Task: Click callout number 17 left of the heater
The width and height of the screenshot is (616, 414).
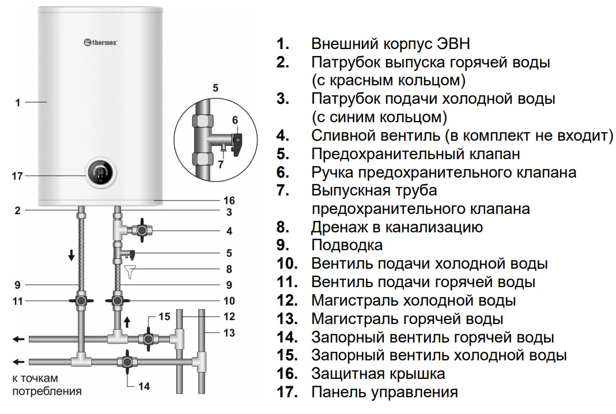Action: [17, 176]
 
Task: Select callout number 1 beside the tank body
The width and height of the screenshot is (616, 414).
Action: [18, 103]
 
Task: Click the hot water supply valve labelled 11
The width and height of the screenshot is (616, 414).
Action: [80, 300]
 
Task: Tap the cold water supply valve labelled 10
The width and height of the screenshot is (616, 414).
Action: [118, 300]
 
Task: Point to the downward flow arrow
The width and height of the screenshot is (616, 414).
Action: [71, 255]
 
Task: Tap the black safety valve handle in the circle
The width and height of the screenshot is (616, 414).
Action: [238, 142]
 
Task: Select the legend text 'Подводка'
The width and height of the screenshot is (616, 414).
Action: [347, 245]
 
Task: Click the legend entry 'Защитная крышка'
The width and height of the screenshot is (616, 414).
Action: [378, 374]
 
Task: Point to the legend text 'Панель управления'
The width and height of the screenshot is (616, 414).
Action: [384, 392]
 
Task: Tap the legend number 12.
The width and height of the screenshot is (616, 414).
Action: [286, 300]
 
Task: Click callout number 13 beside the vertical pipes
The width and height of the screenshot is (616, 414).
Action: [229, 332]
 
